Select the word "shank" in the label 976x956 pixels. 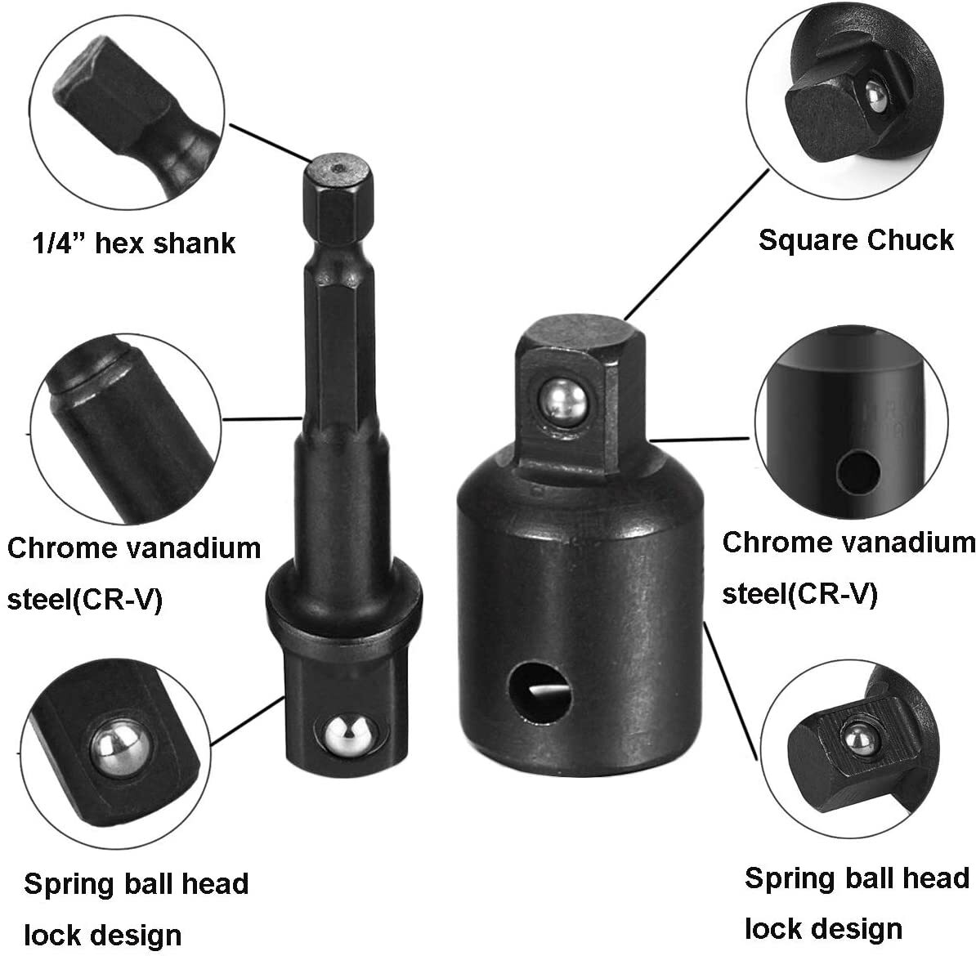(x=196, y=243)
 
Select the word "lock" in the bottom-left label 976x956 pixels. (x=55, y=934)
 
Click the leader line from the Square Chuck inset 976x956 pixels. (x=695, y=245)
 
